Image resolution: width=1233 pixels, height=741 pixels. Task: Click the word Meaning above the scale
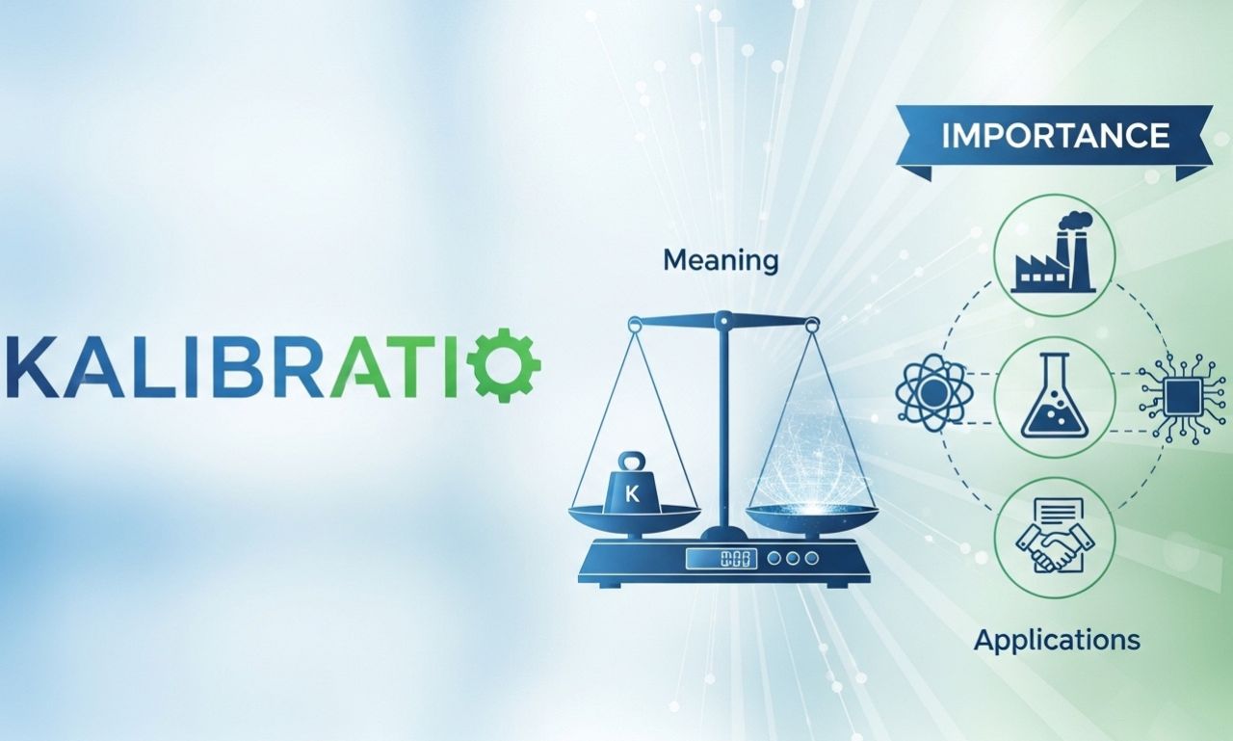click(721, 260)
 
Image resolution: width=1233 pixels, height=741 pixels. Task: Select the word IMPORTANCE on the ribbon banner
click(1055, 135)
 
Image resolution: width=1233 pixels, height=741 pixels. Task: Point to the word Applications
click(1057, 640)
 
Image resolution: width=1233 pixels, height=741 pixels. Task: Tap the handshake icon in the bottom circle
click(1054, 545)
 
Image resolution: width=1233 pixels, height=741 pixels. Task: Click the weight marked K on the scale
click(634, 487)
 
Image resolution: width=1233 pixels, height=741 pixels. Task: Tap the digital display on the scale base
click(721, 558)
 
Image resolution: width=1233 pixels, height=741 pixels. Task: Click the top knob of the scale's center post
click(721, 315)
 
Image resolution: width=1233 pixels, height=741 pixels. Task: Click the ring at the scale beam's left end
click(635, 326)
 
